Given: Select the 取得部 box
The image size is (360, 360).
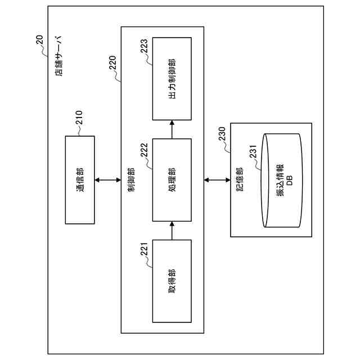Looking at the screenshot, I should pyautogui.click(x=172, y=282).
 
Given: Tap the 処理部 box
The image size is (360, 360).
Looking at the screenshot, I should pyautogui.click(x=172, y=179).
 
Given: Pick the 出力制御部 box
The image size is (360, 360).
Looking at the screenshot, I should pyautogui.click(x=172, y=78).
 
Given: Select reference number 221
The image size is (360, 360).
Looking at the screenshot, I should pyautogui.click(x=145, y=249).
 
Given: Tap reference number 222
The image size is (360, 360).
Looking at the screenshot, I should pyautogui.click(x=145, y=147).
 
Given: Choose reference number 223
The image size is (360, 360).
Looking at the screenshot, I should pyautogui.click(x=145, y=46).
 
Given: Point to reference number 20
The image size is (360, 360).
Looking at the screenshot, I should pyautogui.click(x=38, y=39).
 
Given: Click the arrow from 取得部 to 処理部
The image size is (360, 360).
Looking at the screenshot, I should pyautogui.click(x=172, y=231).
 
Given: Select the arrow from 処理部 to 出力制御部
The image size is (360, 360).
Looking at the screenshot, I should pyautogui.click(x=172, y=129).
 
